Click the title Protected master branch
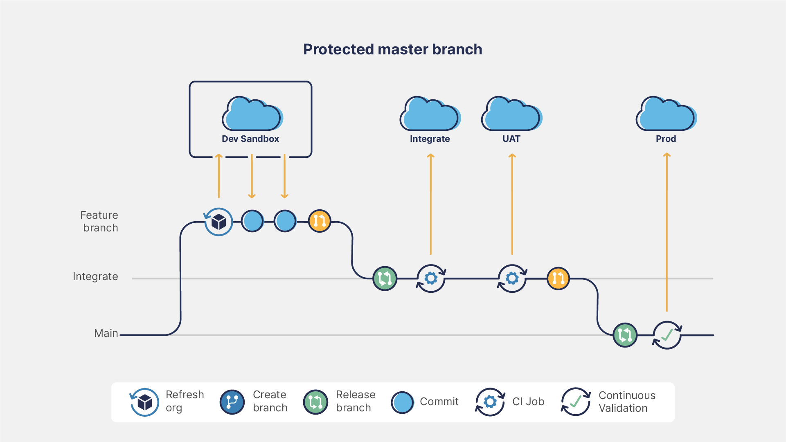tap(392, 49)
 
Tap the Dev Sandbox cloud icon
tap(252, 114)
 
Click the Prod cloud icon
tap(666, 114)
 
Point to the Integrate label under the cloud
tap(430, 139)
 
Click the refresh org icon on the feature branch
tap(218, 222)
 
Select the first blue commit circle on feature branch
tap(252, 221)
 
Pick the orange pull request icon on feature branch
tap(319, 221)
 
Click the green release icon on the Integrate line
tap(385, 278)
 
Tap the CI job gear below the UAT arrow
tap(512, 278)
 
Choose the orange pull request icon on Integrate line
tap(558, 278)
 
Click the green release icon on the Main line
tap(625, 335)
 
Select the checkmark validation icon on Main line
tap(667, 335)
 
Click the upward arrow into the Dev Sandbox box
tap(219, 176)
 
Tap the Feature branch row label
tap(99, 221)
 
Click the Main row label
tap(106, 333)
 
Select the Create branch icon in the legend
tap(232, 402)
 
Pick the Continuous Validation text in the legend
tap(626, 402)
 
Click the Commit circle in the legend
tap(402, 402)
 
